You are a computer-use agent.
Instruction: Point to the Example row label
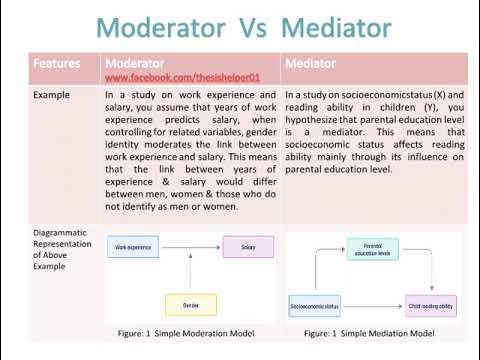click(x=53, y=96)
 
